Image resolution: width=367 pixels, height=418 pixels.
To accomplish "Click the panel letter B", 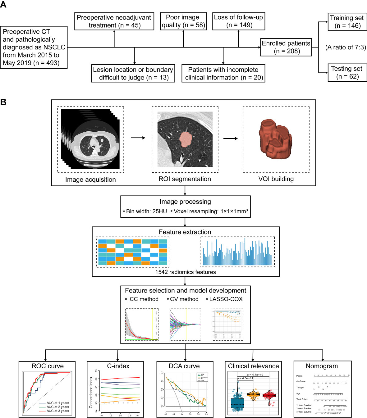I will [3, 102].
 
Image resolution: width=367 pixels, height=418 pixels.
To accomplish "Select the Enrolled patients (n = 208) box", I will [286, 47].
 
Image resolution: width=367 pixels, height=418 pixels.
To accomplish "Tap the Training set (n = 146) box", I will [347, 22].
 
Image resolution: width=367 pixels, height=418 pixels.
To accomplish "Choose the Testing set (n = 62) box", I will [347, 72].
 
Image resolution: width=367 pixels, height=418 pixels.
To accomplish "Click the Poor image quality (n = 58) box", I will [183, 21].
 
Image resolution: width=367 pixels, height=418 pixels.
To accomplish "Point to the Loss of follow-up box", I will [238, 21].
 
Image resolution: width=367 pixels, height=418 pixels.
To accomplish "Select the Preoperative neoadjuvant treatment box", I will [114, 21].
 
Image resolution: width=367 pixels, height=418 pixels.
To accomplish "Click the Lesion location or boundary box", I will [133, 74].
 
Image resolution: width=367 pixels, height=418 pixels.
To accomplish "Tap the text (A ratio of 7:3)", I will [346, 47].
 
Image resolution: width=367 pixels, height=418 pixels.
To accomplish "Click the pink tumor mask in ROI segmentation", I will [186, 139].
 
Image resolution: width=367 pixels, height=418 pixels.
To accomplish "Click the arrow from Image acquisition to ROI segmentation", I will [138, 138].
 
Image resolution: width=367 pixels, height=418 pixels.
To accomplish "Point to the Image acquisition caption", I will [90, 179].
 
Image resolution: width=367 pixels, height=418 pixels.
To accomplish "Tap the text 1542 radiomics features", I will [186, 272].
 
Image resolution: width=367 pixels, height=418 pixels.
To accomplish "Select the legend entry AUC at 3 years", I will [58, 411].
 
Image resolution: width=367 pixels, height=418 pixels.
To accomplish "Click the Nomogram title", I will [322, 366].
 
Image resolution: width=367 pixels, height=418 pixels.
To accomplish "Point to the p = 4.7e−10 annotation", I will [255, 375].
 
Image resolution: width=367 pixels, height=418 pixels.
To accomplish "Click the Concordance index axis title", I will [91, 393].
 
